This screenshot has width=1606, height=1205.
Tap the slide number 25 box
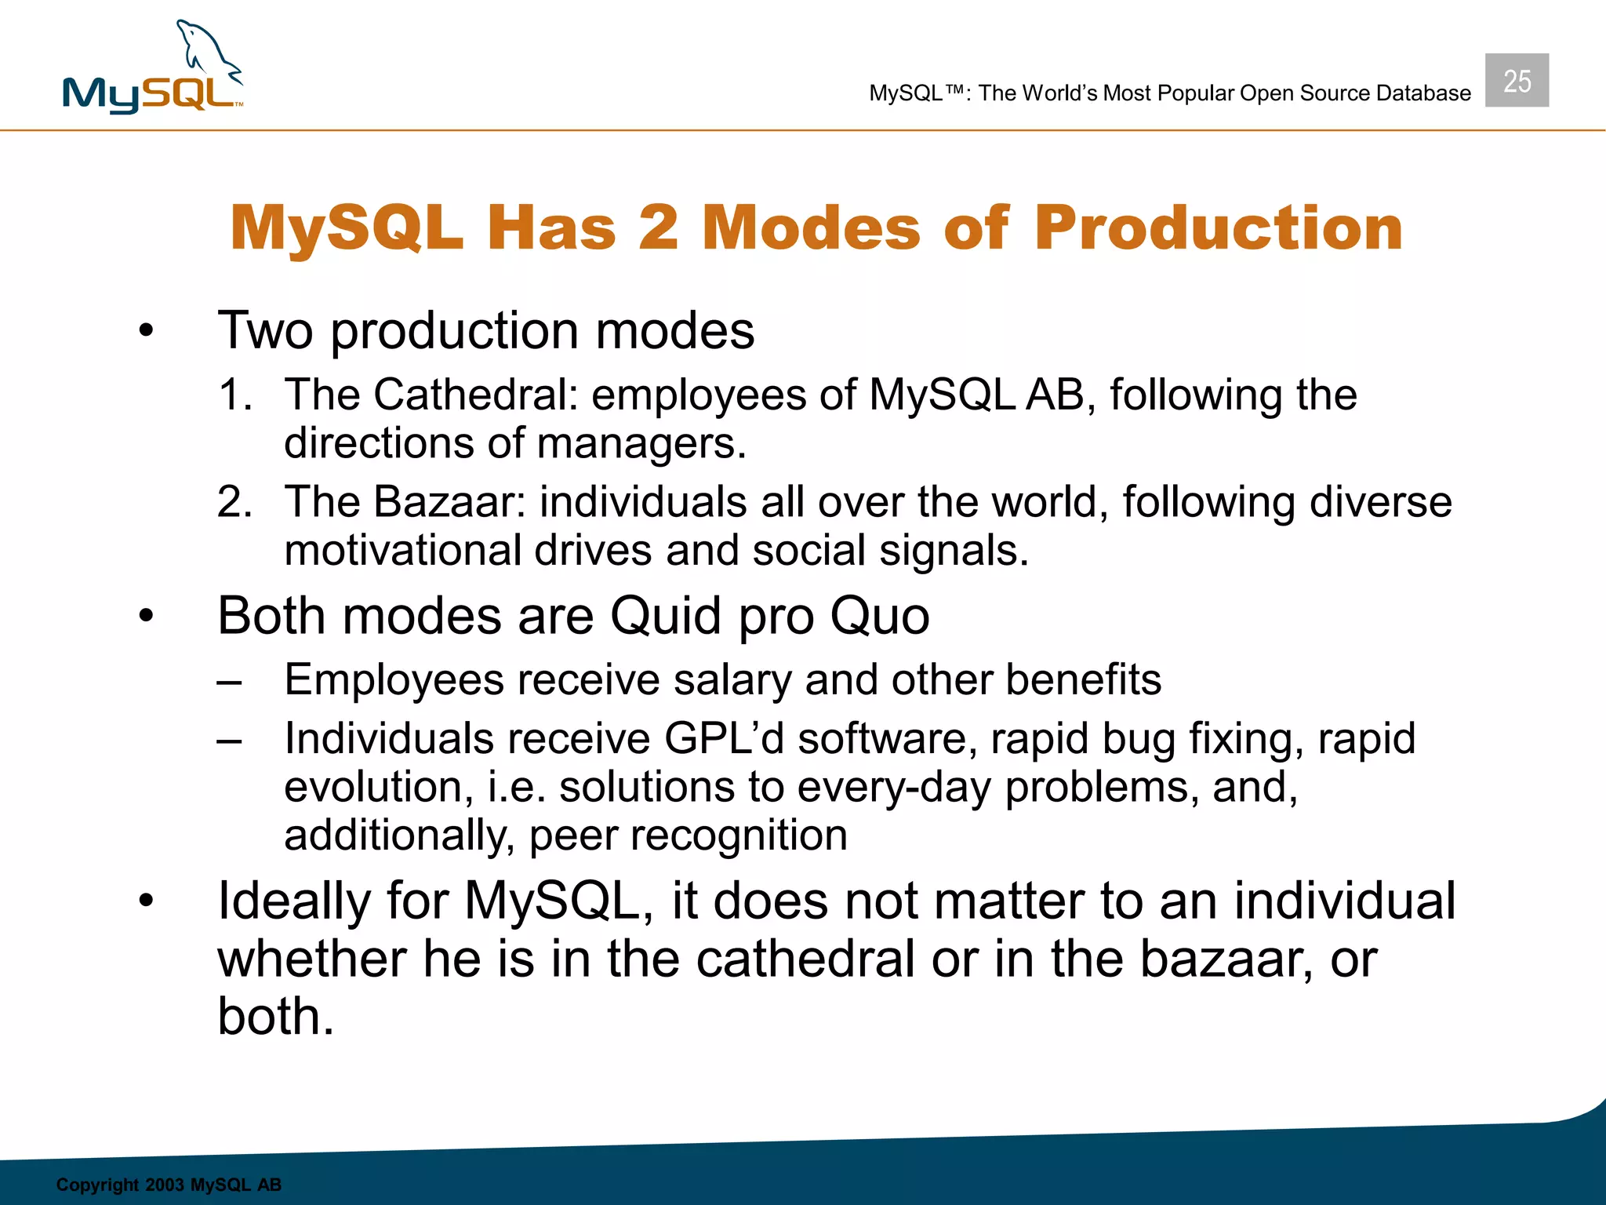(1517, 81)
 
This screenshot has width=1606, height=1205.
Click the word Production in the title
(1218, 228)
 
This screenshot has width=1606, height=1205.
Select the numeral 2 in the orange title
(658, 228)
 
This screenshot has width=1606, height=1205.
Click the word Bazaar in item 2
(449, 502)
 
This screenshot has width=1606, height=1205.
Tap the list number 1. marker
(234, 395)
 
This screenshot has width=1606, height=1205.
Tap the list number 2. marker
(234, 502)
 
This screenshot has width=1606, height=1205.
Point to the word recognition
(739, 835)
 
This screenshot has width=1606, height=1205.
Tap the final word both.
(275, 1017)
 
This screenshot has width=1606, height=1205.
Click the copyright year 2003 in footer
(165, 1185)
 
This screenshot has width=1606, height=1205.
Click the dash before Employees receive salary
(230, 682)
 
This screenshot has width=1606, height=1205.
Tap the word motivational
(402, 551)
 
